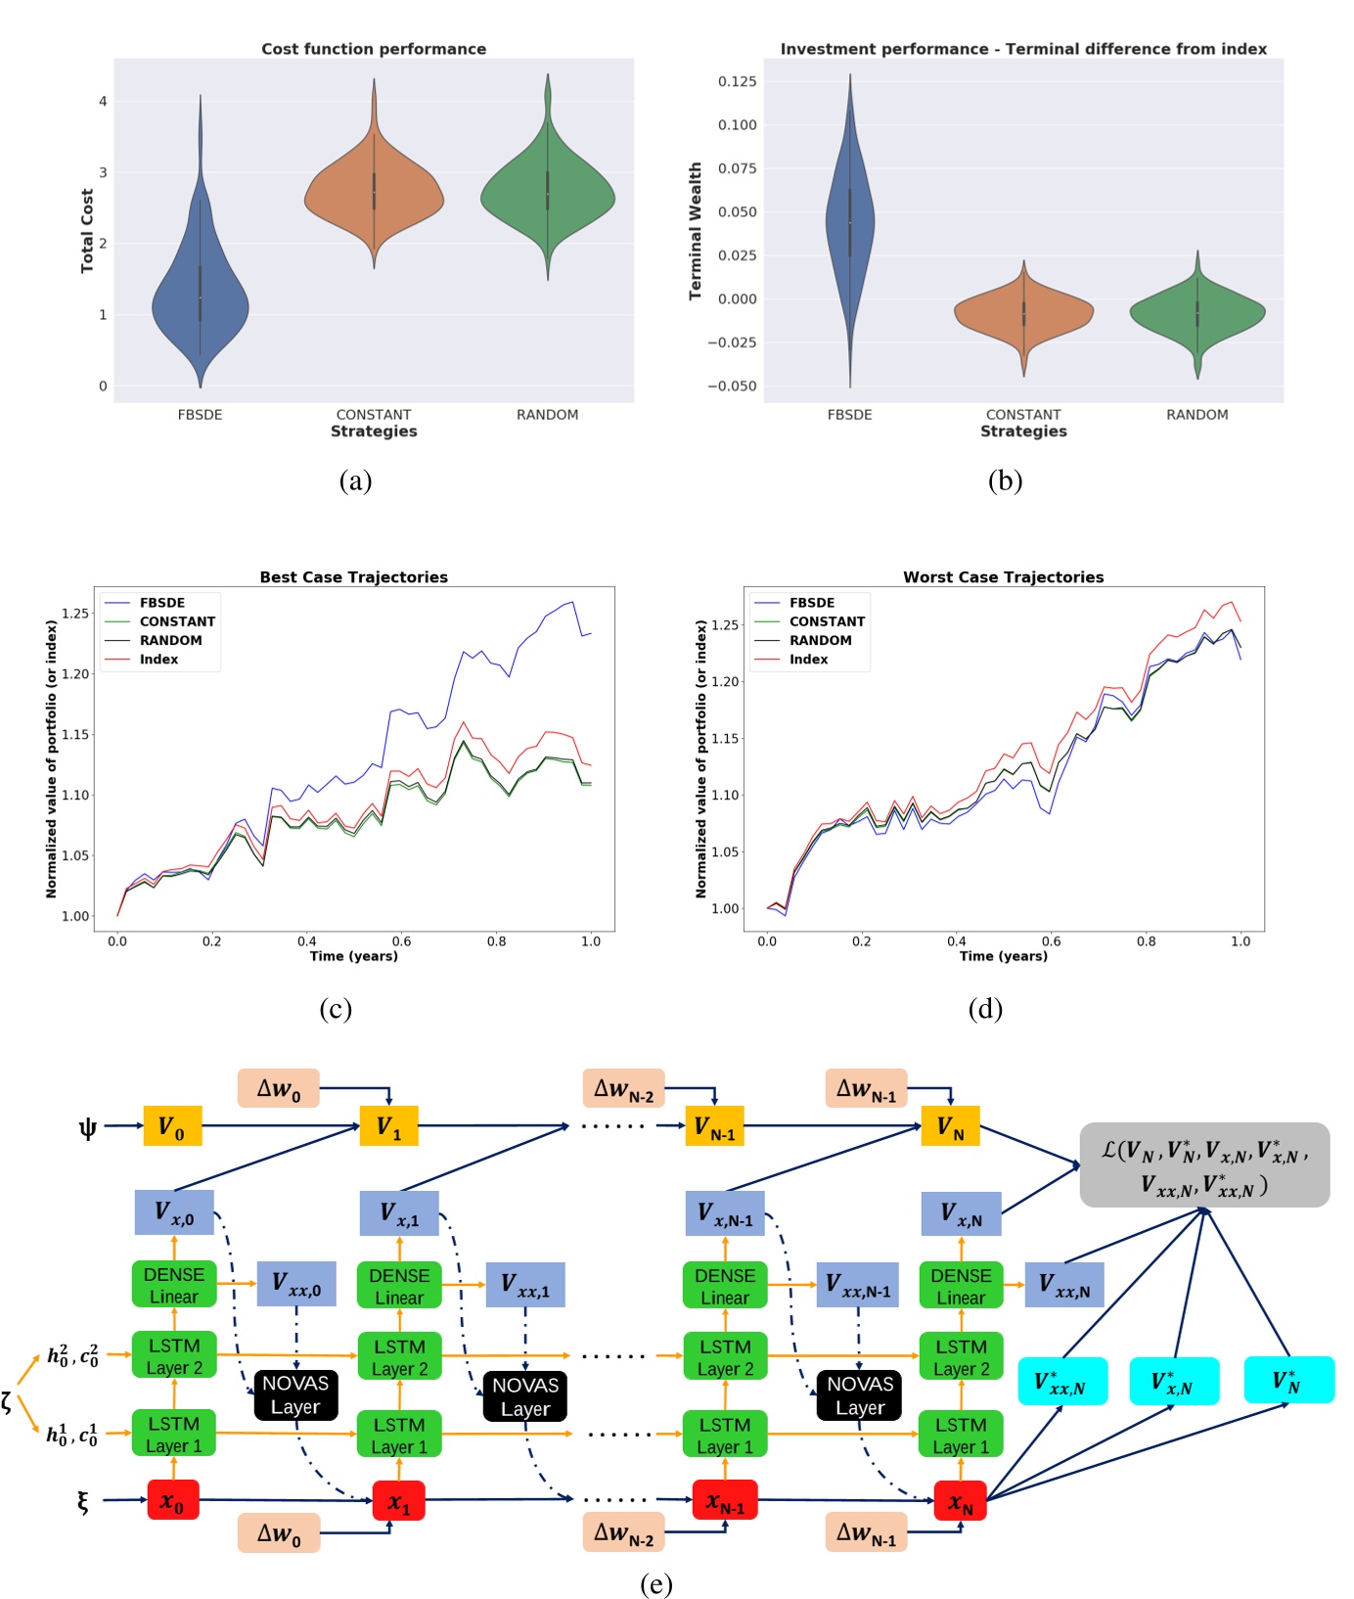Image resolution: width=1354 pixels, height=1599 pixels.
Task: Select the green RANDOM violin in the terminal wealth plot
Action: click(1197, 314)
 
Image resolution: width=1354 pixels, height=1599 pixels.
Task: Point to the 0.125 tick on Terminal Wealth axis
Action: click(737, 81)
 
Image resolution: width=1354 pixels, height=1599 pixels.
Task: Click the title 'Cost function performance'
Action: click(373, 49)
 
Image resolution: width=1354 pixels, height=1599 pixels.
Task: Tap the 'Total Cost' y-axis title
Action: click(87, 231)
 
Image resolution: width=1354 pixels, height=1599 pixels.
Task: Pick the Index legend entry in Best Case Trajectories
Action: click(158, 660)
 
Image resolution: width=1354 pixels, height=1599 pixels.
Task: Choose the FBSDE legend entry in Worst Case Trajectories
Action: click(811, 603)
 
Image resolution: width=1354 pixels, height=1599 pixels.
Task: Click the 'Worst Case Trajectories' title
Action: click(1003, 577)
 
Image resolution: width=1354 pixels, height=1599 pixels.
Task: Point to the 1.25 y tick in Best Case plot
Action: click(75, 614)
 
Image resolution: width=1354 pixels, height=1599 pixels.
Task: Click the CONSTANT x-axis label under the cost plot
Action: click(373, 415)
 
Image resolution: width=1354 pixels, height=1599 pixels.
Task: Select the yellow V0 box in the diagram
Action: click(171, 1126)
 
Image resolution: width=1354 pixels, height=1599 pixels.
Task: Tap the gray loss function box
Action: click(1203, 1165)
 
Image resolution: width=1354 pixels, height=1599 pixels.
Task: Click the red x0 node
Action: click(173, 1500)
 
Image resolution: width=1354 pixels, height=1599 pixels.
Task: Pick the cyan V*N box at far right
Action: click(1287, 1380)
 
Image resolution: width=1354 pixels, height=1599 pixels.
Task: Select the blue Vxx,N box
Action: click(1063, 1285)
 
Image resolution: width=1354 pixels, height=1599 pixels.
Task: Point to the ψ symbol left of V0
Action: click(88, 1127)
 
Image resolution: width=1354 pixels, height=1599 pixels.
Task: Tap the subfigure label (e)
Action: click(655, 1583)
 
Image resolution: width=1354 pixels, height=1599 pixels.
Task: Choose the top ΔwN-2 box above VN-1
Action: click(623, 1089)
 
